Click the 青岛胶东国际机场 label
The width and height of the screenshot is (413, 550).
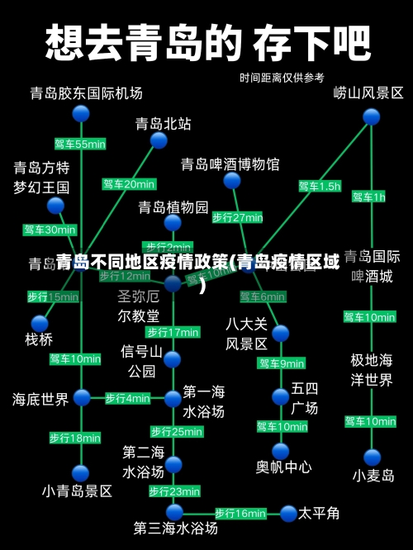tap(86, 92)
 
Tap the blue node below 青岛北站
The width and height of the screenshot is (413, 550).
tap(159, 141)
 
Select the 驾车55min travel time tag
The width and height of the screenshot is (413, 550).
tap(80, 145)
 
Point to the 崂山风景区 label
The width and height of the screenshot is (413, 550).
tap(368, 92)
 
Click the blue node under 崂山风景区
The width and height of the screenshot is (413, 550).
tap(371, 116)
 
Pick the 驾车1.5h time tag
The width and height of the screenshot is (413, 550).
tap(319, 187)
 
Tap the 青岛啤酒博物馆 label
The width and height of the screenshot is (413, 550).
tap(230, 164)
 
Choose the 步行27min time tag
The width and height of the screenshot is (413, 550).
tap(237, 218)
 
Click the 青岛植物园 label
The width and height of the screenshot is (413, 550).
tap(173, 206)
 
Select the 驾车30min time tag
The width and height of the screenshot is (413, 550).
tap(50, 230)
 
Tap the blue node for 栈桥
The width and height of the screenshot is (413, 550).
tap(40, 323)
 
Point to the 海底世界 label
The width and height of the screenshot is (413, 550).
tap(40, 400)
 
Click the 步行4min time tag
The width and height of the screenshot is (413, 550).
tap(127, 398)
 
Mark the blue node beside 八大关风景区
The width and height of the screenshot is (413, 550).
tap(281, 334)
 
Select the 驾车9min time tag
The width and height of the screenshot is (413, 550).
tap(282, 363)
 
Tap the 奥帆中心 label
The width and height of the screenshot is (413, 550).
tap(283, 467)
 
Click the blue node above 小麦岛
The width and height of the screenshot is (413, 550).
tap(373, 457)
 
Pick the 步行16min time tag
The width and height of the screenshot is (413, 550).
tap(240, 514)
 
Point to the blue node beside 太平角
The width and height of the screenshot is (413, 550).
tap(287, 514)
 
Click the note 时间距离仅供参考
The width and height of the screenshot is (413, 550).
tap(282, 78)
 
